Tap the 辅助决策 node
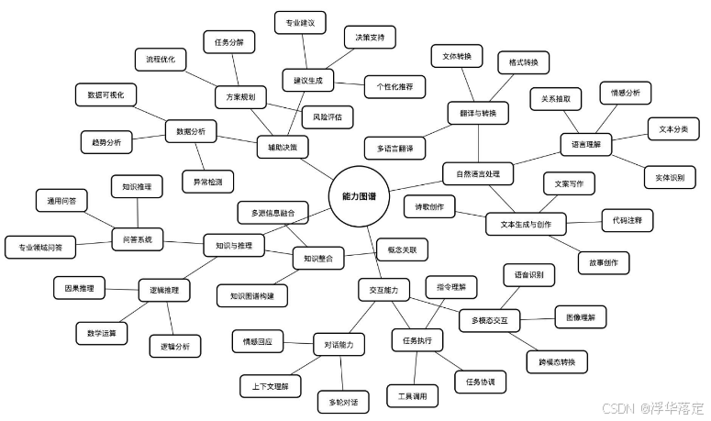click(283, 148)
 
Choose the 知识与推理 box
click(234, 245)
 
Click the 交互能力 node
click(383, 290)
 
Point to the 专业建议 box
click(300, 22)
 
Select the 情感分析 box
click(626, 93)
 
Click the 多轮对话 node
click(343, 403)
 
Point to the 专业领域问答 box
click(40, 247)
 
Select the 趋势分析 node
click(106, 142)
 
